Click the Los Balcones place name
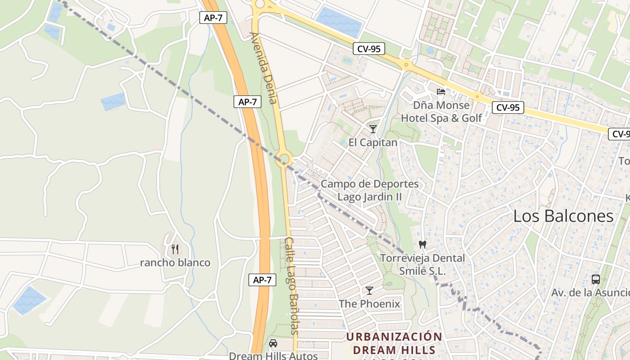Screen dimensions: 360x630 coord(563,216)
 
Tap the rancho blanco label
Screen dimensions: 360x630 coord(175,263)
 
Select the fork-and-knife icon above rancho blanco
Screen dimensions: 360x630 coord(175,249)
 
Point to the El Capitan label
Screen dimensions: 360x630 coord(373,143)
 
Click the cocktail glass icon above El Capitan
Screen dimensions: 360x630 coord(373,129)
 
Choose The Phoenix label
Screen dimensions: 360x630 coord(369,304)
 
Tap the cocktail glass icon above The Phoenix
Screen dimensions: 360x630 coord(369,290)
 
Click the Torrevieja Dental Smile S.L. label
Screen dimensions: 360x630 coord(422,265)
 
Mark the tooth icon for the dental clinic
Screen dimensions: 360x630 coord(422,245)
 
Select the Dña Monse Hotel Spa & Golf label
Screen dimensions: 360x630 coord(441,112)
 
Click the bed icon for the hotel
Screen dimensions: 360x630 coord(441,92)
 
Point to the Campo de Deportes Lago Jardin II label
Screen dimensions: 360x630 coord(369,190)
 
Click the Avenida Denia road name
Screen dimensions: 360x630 coord(264,67)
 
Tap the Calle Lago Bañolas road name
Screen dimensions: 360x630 coord(291,286)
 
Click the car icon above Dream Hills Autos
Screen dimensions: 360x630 coord(273,343)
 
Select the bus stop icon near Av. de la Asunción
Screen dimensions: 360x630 coord(596,279)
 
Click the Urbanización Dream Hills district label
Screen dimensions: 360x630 coord(394,343)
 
